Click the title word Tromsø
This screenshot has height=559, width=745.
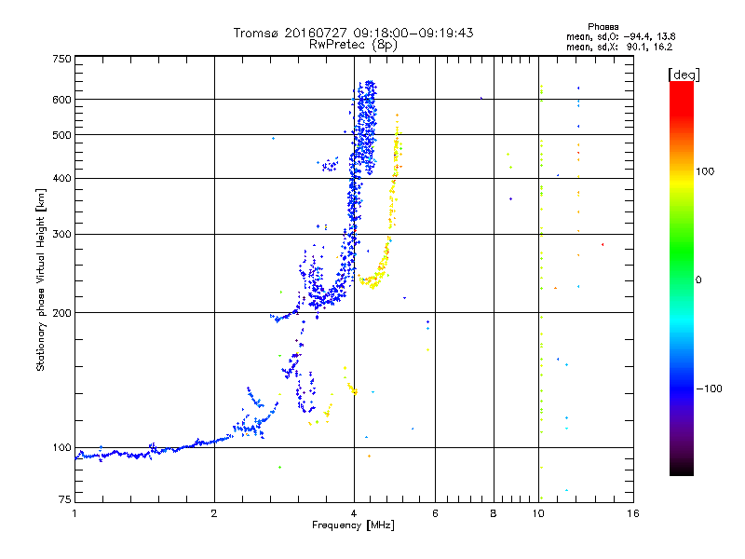click(x=256, y=33)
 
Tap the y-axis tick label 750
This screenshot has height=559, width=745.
click(x=62, y=58)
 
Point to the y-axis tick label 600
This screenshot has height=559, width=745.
click(x=62, y=99)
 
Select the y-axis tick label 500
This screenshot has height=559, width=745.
click(x=62, y=134)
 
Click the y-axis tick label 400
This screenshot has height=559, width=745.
click(x=62, y=178)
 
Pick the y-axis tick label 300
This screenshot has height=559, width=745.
click(x=62, y=234)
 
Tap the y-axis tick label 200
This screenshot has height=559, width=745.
click(x=62, y=312)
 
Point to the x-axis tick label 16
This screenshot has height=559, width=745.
click(x=632, y=513)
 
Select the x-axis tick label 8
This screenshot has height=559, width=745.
click(x=494, y=513)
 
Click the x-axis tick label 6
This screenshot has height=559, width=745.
click(x=435, y=513)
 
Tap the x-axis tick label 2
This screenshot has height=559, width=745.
click(x=214, y=513)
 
